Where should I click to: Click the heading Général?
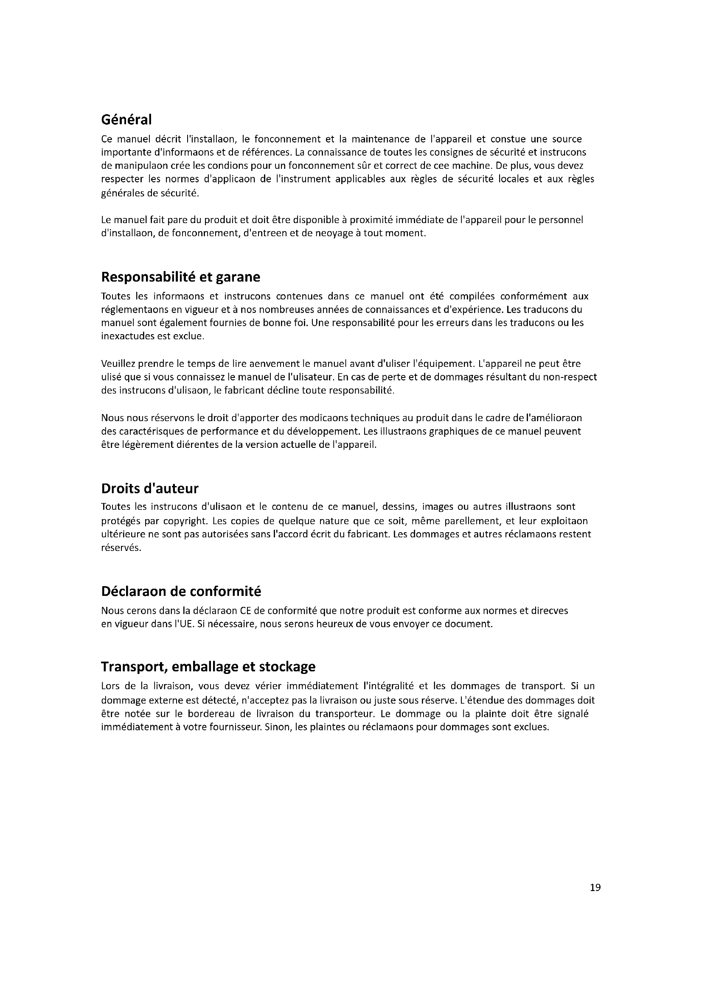tap(126, 119)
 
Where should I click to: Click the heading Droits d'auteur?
tap(149, 489)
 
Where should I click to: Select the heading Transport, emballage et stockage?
tap(208, 667)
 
